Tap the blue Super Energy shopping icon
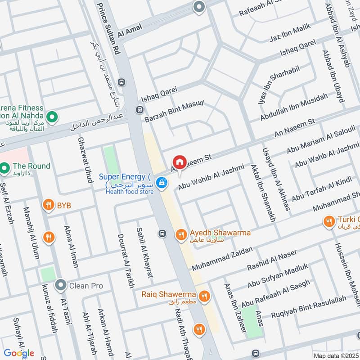pyautogui.click(x=162, y=182)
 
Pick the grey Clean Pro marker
pyautogui.click(x=60, y=285)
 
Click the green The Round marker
pyautogui.click(x=5, y=169)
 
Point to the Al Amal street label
pyautogui.click(x=130, y=31)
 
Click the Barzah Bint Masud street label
pyautogui.click(x=174, y=112)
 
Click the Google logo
pyautogui.click(x=19, y=353)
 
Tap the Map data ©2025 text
pyautogui.click(x=335, y=355)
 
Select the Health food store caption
pyautogui.click(x=130, y=192)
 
